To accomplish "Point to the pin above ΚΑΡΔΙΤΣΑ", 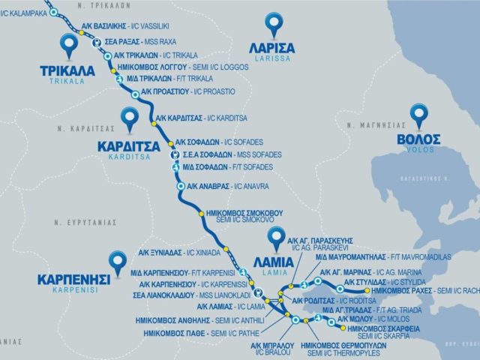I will [130, 118].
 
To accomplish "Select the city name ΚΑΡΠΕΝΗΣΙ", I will [73, 279].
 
